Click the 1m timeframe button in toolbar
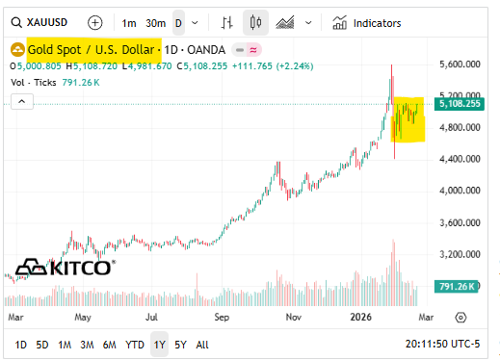click(128, 22)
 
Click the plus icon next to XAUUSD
click(94, 21)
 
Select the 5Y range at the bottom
click(180, 344)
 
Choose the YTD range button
click(135, 344)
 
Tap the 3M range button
click(86, 344)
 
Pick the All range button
click(201, 344)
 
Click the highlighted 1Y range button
click(159, 344)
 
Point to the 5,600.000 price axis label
click(459, 64)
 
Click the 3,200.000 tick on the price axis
click(459, 254)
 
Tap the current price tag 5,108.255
click(459, 103)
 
